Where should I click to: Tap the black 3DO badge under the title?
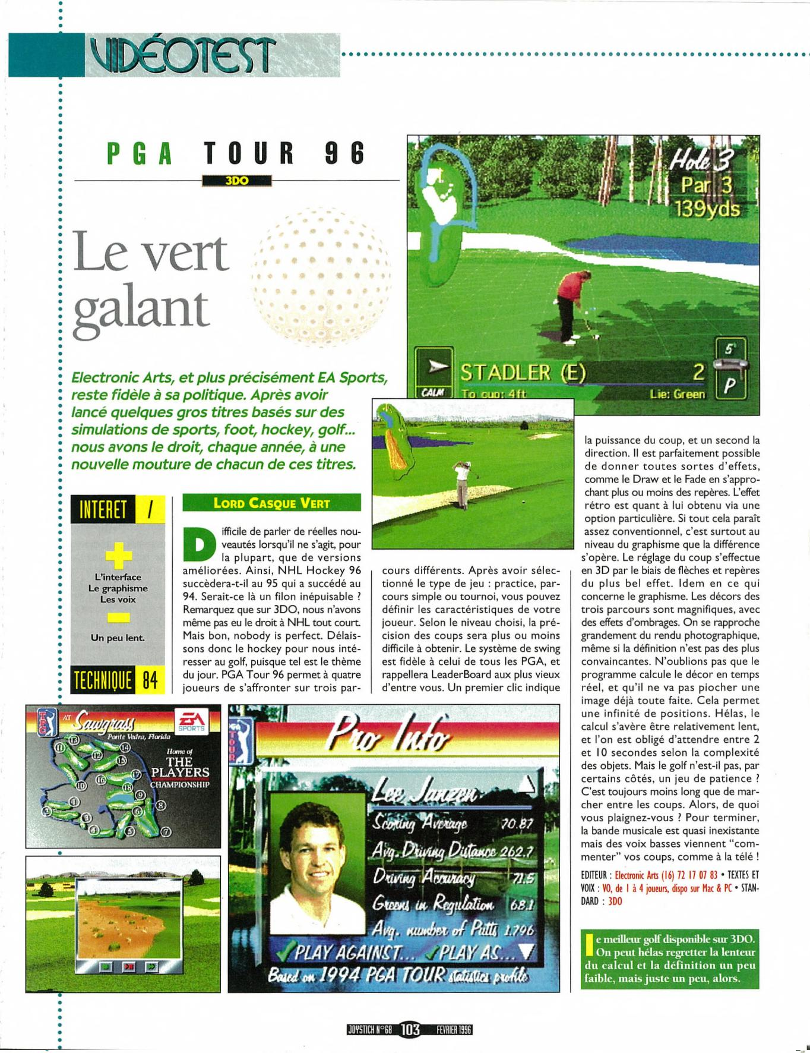(x=236, y=181)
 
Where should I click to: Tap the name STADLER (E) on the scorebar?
(x=523, y=373)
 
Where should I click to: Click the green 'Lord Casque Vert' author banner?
(x=271, y=503)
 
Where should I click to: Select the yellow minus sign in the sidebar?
(x=118, y=619)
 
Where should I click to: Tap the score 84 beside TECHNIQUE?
(x=150, y=680)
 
